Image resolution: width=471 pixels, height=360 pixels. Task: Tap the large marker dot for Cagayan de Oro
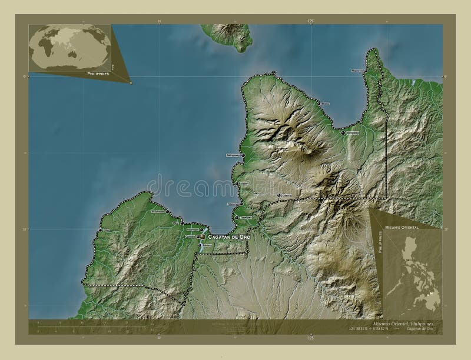click(203, 236)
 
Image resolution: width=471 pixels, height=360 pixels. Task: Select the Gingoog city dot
click(343, 134)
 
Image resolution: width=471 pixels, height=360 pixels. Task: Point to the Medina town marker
click(318, 103)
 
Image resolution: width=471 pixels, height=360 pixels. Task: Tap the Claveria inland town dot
click(279, 195)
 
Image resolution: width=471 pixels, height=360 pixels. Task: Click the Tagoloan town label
click(246, 217)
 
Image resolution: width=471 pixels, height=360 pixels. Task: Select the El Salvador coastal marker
click(167, 211)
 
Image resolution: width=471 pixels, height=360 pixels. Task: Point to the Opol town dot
click(182, 224)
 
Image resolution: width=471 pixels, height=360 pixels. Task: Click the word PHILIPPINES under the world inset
click(98, 74)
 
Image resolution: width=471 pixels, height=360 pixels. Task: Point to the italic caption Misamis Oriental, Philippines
click(406, 324)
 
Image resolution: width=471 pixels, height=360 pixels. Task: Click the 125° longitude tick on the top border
click(311, 21)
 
